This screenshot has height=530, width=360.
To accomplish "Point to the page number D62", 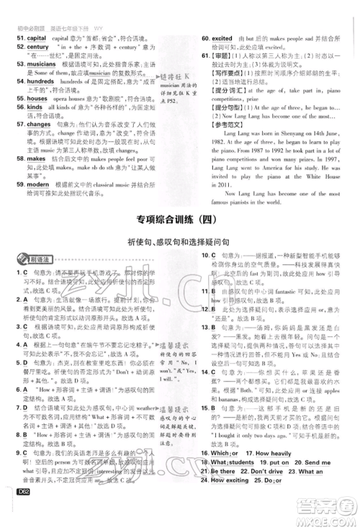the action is [x=24, y=513].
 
